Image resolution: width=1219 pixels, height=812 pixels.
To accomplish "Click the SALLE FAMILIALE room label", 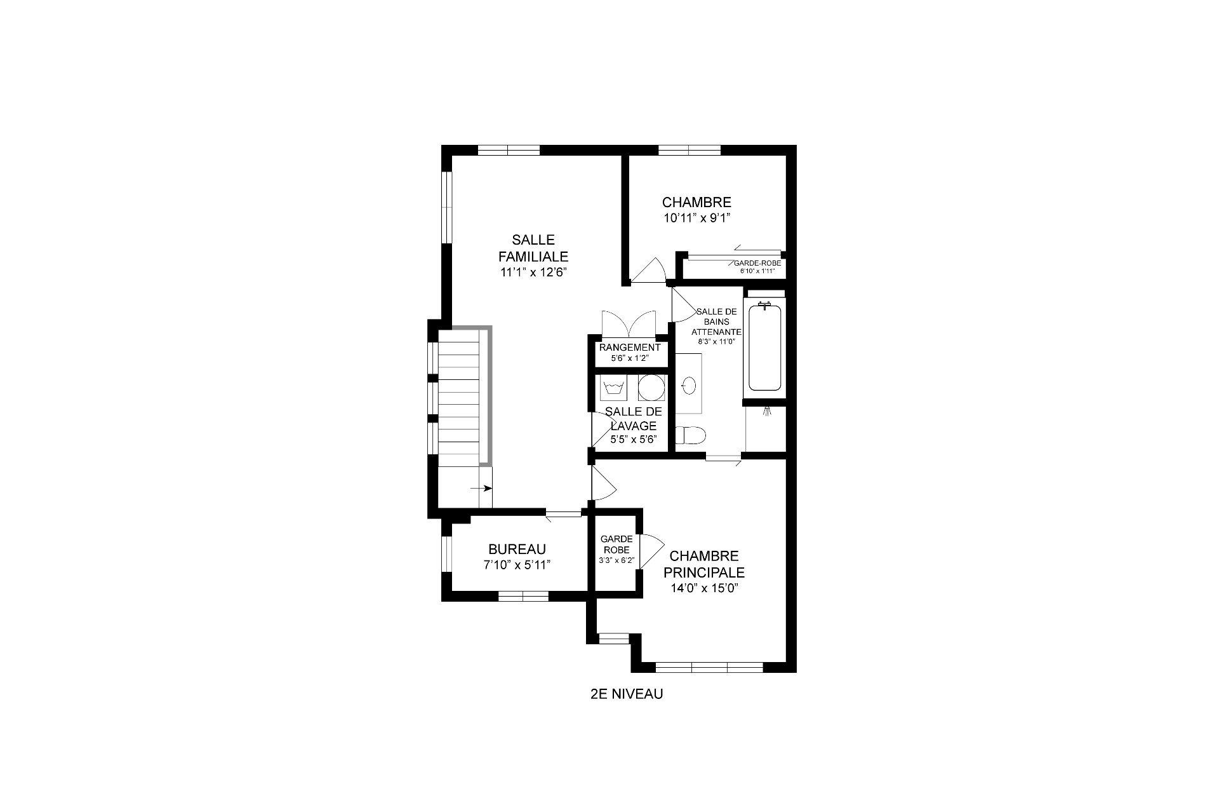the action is coord(533,248).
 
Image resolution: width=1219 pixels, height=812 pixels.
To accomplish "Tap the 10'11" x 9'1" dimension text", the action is coord(696,218).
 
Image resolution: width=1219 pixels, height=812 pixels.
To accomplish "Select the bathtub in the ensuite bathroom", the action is coord(764,348).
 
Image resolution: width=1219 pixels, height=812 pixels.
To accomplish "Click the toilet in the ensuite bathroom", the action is coord(691,435).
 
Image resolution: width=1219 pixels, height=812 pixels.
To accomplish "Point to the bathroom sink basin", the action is coord(689,385).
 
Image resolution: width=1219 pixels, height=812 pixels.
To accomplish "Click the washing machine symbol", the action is coord(613,387).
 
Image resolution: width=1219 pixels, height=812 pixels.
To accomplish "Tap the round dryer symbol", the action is coord(651,387).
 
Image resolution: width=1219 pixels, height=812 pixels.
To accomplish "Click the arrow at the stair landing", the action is coord(481,488).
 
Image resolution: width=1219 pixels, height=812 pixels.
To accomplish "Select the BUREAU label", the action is coord(517,550).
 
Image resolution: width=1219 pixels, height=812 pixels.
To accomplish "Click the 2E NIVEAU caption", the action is coord(626,694).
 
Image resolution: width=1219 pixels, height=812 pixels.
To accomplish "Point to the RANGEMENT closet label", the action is coord(630,348).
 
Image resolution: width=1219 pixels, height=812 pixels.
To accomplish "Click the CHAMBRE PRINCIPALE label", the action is coord(704,564).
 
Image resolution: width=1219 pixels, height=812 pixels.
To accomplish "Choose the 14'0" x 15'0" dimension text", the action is coord(704,588).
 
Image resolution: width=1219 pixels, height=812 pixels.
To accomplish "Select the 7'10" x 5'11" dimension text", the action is coord(517,564).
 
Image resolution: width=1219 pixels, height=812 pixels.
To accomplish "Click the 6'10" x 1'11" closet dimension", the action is coord(757,271).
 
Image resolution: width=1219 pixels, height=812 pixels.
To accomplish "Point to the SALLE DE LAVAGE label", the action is coord(634,419).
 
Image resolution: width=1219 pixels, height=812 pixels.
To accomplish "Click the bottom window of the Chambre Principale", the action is coord(709,668).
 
